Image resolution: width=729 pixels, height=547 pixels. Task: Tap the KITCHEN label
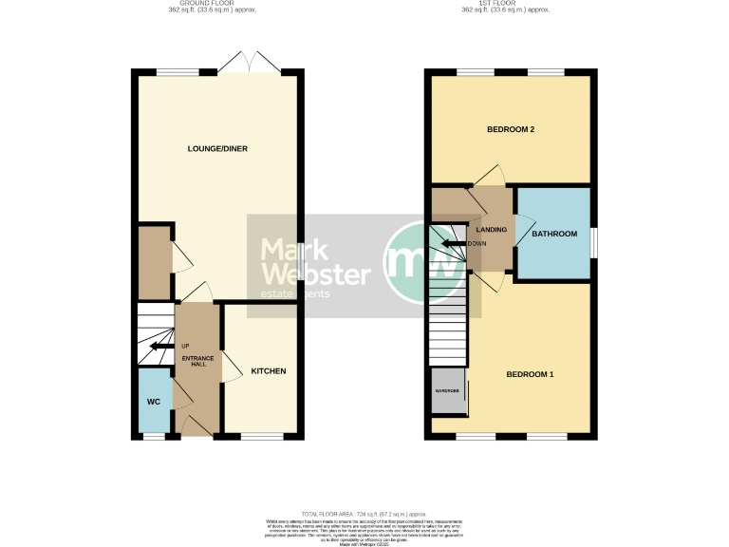268,370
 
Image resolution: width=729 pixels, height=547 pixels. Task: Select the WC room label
153,402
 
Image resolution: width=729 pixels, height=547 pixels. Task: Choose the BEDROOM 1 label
529,374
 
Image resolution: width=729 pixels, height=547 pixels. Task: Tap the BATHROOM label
553,234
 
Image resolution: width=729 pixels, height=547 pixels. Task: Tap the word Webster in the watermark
315,275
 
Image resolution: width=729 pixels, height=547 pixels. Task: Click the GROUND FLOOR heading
207,4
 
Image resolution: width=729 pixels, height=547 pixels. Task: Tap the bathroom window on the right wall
592,241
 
